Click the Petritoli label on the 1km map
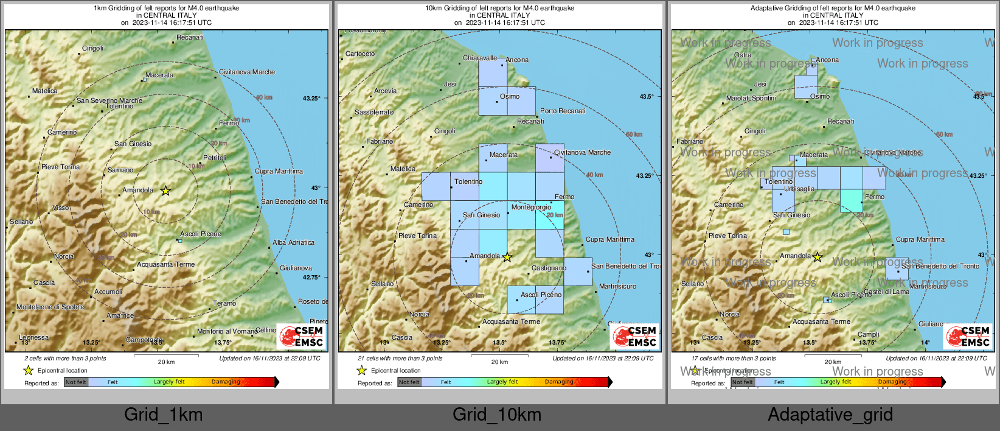(x=215, y=158)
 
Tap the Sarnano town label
(x=120, y=170)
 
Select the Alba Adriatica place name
(x=293, y=242)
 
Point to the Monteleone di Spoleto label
(x=50, y=307)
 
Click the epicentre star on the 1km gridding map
(x=165, y=191)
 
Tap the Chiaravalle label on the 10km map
(x=480, y=58)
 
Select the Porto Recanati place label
(x=563, y=111)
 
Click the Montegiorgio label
(x=531, y=208)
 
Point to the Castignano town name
(x=549, y=268)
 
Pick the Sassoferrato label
(x=374, y=113)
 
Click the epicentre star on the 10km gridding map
(x=507, y=258)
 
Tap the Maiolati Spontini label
(x=751, y=98)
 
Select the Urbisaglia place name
(x=799, y=189)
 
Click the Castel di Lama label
(x=886, y=292)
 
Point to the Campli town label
(x=868, y=334)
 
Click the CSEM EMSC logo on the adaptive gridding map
(x=968, y=337)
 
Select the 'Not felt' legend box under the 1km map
(x=75, y=382)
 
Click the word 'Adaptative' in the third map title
(x=768, y=9)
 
